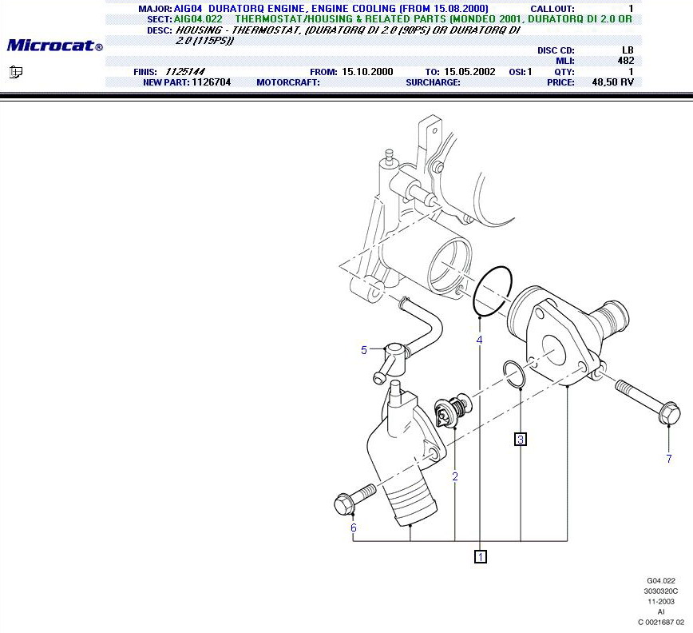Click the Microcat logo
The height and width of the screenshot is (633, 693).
tap(55, 45)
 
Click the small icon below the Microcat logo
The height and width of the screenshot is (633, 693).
tap(16, 72)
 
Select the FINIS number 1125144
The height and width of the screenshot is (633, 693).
tap(185, 72)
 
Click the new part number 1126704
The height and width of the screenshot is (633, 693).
tap(212, 82)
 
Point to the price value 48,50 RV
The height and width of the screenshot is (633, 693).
tap(612, 82)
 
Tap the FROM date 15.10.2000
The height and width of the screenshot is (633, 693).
tap(367, 72)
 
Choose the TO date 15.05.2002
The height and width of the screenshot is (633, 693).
tap(469, 72)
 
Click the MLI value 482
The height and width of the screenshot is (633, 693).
tap(626, 61)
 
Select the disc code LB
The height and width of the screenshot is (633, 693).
tap(628, 50)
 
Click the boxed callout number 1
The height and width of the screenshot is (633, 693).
tap(481, 556)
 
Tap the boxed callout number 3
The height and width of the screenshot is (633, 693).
tap(521, 440)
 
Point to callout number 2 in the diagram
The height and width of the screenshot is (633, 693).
tap(455, 476)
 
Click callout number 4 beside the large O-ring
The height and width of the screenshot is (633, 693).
tap(480, 340)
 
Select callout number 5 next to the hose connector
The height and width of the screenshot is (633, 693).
tap(364, 350)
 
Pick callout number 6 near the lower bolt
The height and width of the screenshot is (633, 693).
tap(353, 527)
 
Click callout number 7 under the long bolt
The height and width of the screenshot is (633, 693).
tap(669, 459)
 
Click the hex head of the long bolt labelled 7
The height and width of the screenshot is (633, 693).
tap(669, 412)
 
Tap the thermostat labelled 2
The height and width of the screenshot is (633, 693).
tap(452, 411)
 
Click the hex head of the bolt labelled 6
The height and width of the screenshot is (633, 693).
tap(345, 504)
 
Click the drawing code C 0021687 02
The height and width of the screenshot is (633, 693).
tap(661, 623)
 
